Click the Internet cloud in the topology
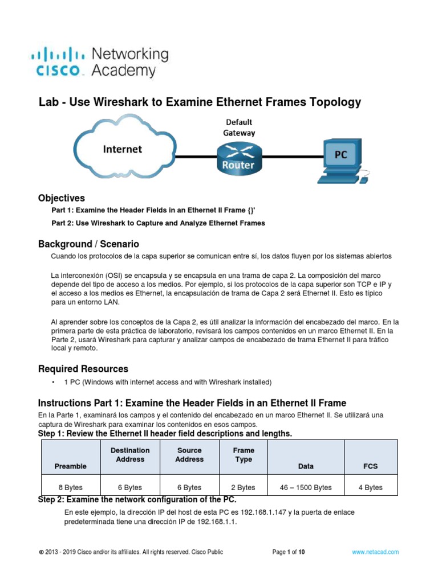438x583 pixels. point(122,149)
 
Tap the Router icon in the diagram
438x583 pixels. point(238,158)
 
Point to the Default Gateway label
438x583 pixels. point(239,127)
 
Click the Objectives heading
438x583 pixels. point(62,198)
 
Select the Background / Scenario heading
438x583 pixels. point(88,244)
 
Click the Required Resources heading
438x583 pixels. point(83,369)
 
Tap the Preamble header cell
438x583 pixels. point(71,466)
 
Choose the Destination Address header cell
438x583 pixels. point(130,455)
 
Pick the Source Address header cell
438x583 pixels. point(189,455)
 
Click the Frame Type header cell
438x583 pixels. point(244,455)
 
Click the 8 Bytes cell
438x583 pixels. point(71,487)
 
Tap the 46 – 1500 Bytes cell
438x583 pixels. point(306,487)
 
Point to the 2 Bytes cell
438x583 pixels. point(244,487)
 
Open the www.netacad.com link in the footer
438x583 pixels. point(375,552)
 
